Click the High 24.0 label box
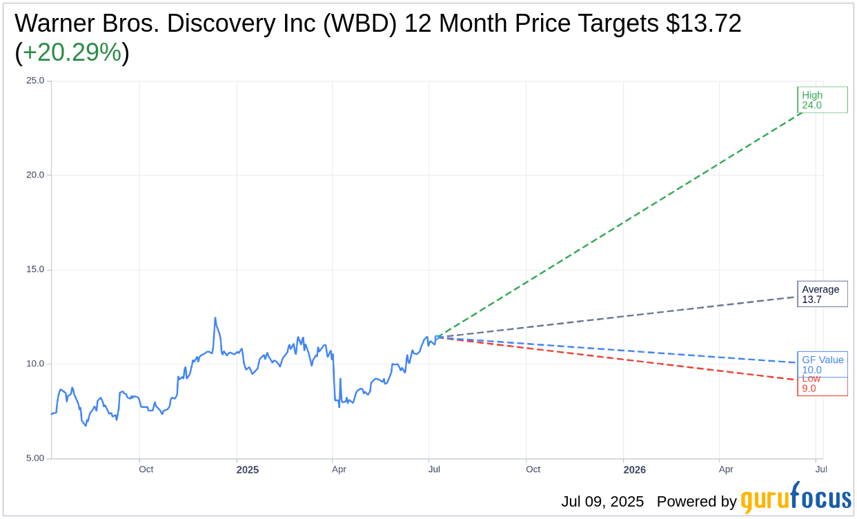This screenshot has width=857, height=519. [x=822, y=100]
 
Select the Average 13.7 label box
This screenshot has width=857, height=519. [x=822, y=294]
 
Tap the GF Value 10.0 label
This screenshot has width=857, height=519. [x=822, y=364]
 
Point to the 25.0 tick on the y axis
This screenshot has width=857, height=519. [x=35, y=81]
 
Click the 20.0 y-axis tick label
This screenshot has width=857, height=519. [x=35, y=175]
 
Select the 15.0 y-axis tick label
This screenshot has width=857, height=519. [x=35, y=270]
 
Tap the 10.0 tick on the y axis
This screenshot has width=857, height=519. [x=35, y=364]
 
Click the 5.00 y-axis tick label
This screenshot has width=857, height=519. [x=35, y=458]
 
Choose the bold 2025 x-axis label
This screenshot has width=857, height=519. [x=247, y=470]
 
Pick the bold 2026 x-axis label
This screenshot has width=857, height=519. [x=634, y=470]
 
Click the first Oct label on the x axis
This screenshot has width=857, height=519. [x=146, y=469]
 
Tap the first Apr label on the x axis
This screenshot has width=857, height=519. [x=339, y=469]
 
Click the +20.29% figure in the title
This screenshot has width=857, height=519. [x=72, y=52]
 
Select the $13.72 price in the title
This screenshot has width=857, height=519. [x=703, y=23]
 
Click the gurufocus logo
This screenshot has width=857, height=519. [x=796, y=498]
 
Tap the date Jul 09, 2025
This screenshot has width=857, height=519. [x=602, y=502]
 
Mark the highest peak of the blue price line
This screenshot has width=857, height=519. [x=215, y=318]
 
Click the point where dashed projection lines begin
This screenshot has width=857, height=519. [x=436, y=337]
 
